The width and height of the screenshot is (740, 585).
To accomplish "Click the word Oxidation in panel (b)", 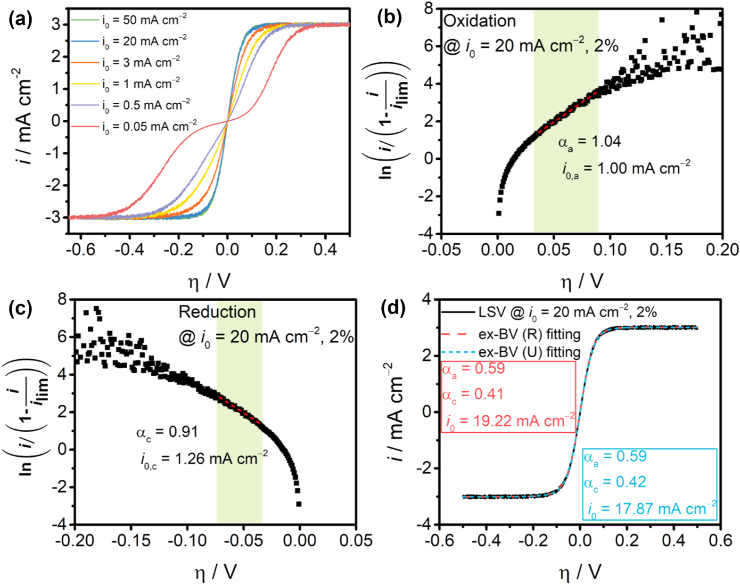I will tap(480, 21).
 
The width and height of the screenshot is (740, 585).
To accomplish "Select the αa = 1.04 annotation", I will tap(589, 142).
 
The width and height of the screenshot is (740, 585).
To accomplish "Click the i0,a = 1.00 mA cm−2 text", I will tap(626, 168).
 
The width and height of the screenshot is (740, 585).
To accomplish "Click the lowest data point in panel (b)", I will tap(499, 213).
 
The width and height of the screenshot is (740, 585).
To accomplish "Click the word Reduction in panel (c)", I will tap(217, 312).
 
